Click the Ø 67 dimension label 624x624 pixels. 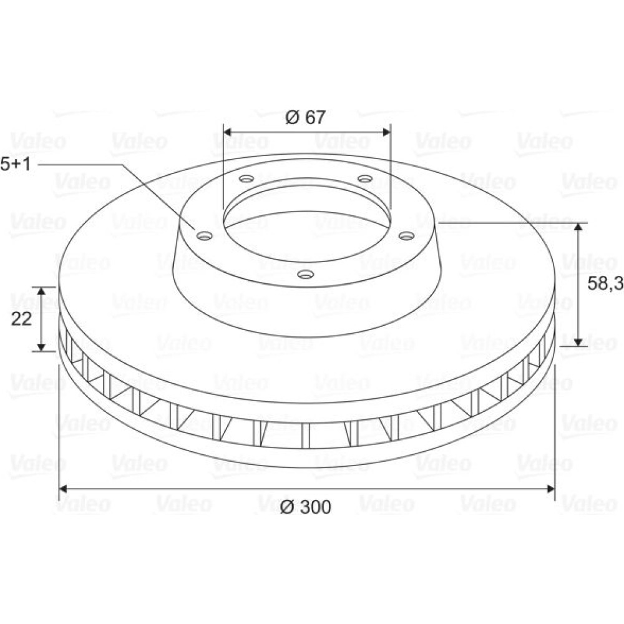tap(306, 117)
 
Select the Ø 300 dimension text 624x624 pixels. tap(306, 507)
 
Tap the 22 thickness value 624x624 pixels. tap(21, 319)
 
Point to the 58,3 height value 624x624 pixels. tap(605, 283)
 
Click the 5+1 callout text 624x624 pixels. tap(16, 164)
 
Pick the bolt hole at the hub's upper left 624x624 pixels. tap(246, 178)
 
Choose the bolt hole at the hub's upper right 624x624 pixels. tap(365, 178)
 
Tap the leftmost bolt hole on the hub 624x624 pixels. tap(205, 236)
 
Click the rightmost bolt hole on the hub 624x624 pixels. tap(407, 236)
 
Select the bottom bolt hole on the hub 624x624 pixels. tap(306, 274)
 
